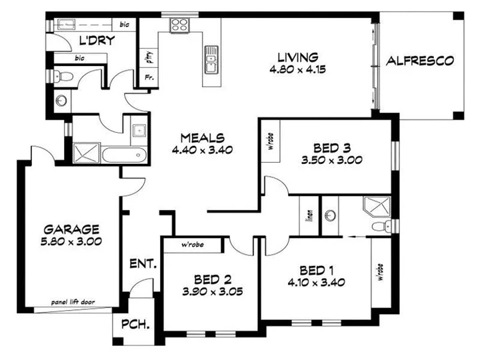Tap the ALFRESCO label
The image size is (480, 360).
[420, 61]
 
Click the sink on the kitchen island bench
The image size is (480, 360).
[211, 64]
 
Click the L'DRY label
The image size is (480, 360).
[97, 41]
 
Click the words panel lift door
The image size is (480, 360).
[73, 302]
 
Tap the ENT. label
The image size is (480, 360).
[143, 264]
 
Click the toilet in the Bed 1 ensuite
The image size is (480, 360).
[379, 227]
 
